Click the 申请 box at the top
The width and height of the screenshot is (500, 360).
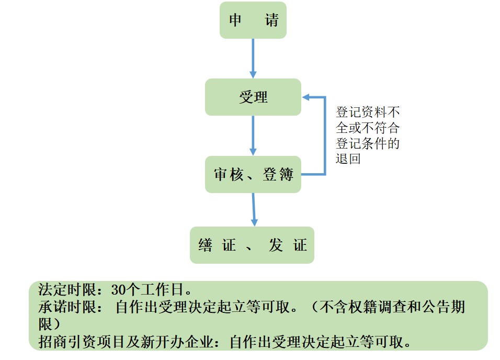tap(253, 20)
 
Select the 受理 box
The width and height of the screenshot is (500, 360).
tap(253, 97)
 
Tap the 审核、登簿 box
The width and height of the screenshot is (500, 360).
tap(253, 174)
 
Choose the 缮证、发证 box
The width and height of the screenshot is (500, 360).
tap(252, 245)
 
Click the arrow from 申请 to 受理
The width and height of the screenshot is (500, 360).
tap(253, 58)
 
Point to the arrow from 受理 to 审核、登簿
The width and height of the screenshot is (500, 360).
tap(253, 135)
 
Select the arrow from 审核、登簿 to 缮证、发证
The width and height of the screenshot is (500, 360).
tap(254, 209)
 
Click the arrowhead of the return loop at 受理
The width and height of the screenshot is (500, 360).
tap(306, 97)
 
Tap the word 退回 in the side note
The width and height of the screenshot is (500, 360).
tap(348, 158)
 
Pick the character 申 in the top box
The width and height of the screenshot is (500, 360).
tap(235, 20)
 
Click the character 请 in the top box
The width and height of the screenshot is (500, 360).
tap(271, 20)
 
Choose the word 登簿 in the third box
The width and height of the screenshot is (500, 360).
tap(278, 175)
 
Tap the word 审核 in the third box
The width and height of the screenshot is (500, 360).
tap(229, 175)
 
